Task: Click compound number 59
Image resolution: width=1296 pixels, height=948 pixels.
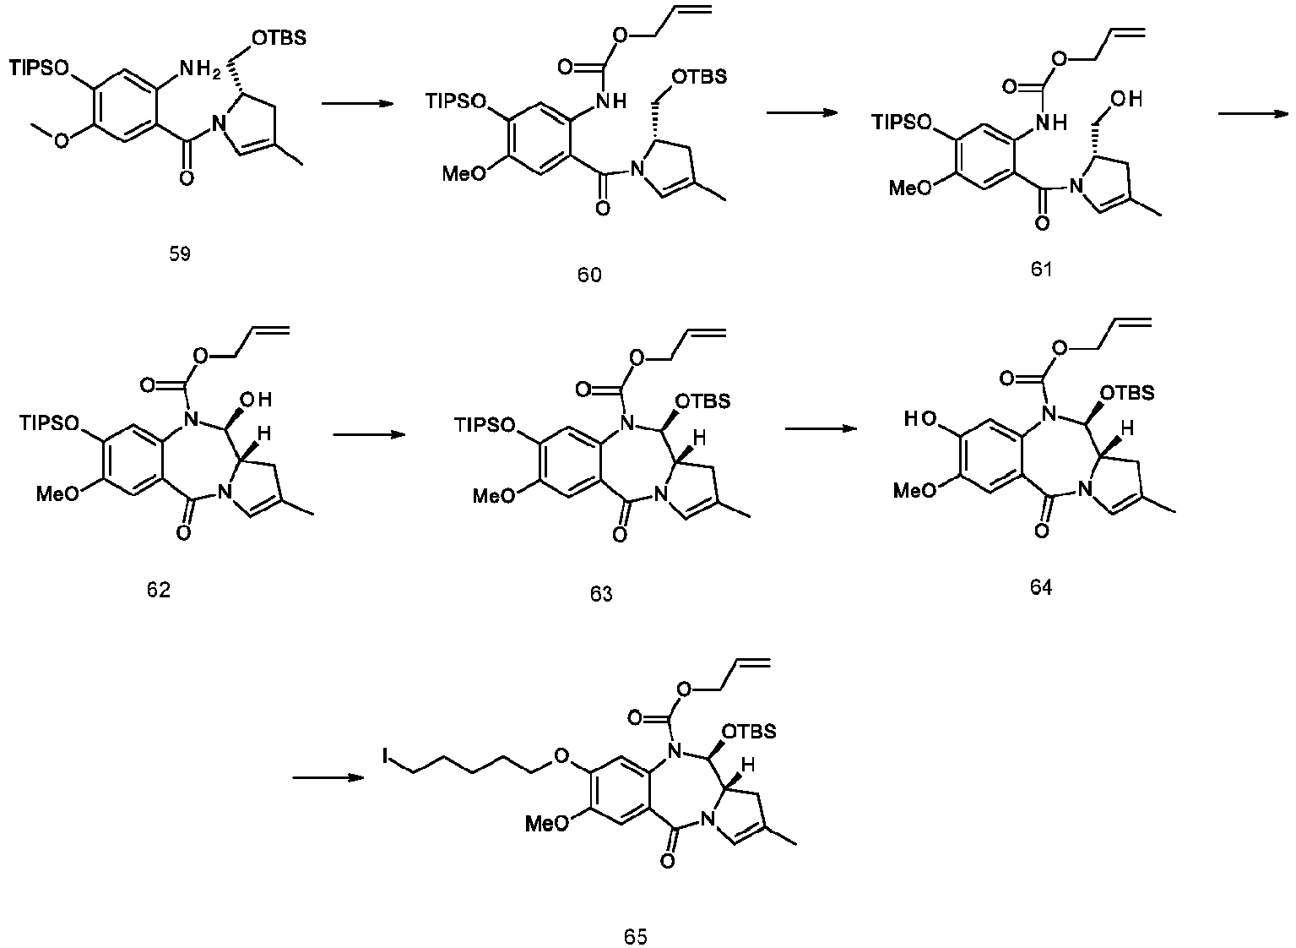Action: tap(179, 253)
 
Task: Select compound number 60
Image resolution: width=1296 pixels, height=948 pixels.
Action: tap(589, 275)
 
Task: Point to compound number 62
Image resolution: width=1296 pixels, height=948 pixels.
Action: tap(158, 590)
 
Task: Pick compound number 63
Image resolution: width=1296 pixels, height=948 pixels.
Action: tap(601, 594)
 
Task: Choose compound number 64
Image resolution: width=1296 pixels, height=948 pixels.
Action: tap(1041, 588)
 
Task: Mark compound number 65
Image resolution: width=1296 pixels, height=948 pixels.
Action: tap(636, 935)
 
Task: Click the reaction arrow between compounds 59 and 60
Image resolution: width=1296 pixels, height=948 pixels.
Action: tap(358, 104)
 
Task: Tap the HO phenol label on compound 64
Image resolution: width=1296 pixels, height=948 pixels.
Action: tap(919, 418)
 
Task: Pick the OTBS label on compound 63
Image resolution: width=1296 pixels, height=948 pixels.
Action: tap(706, 398)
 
